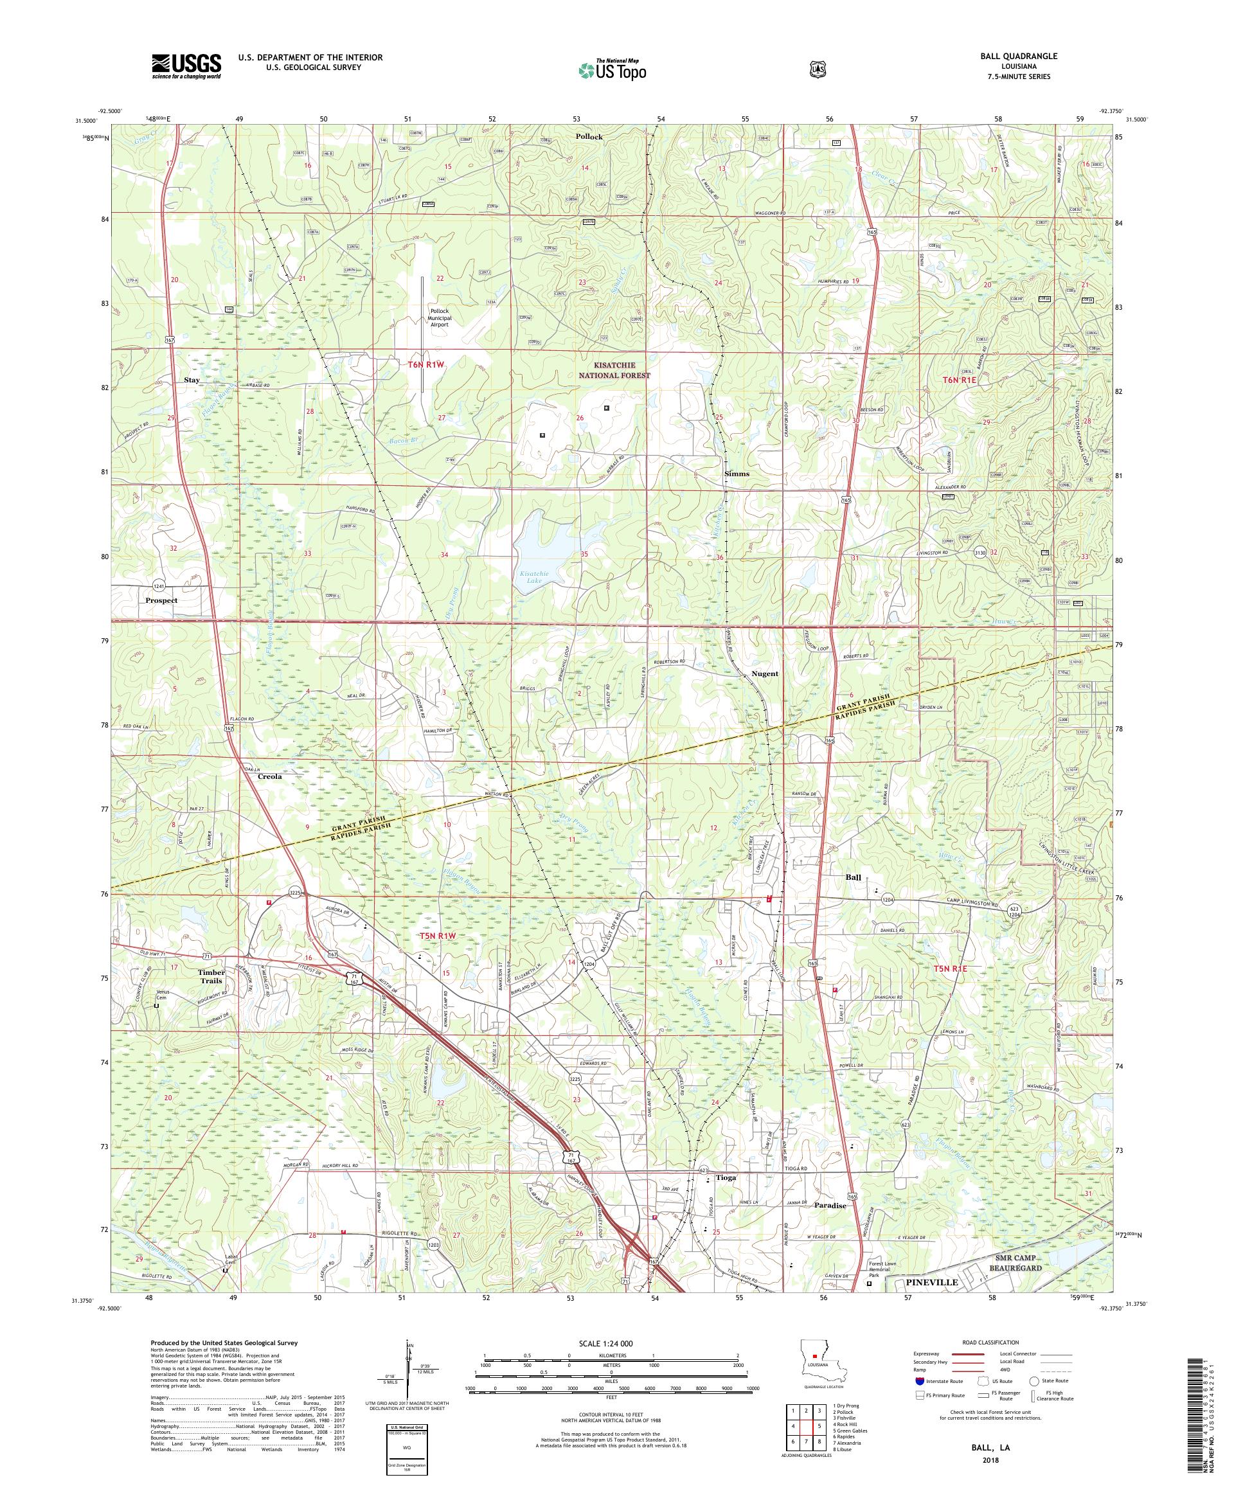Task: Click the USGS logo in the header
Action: [x=186, y=67]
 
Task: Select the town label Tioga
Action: [x=726, y=1177]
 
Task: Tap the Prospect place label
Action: [x=161, y=600]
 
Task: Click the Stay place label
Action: [x=192, y=380]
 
